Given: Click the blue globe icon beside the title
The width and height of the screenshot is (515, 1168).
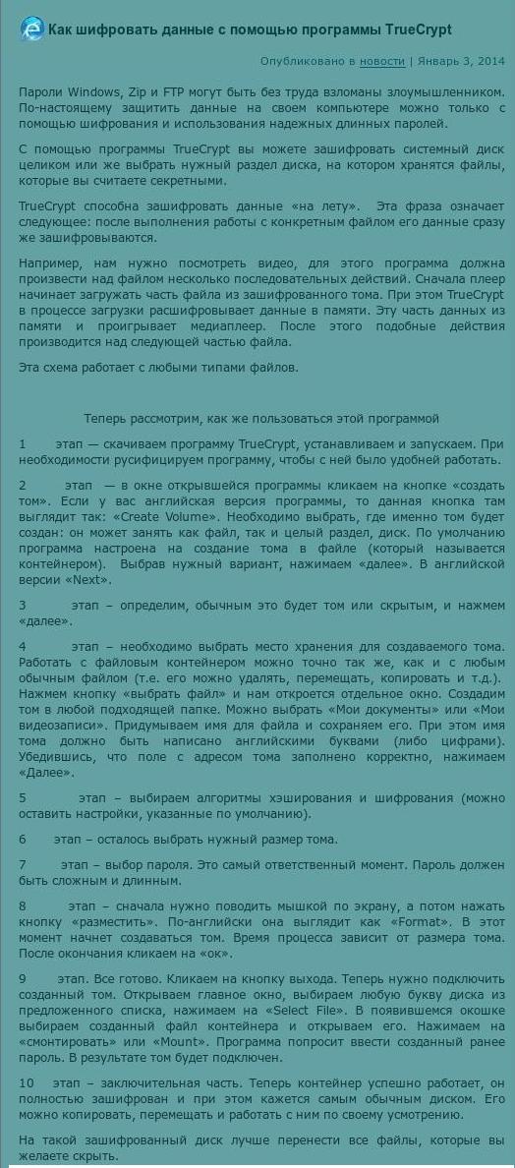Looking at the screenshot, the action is click(x=31, y=29).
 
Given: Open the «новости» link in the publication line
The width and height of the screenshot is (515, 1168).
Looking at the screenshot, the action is click(x=381, y=61).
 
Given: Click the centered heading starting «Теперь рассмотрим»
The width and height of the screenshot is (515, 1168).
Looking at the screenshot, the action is click(x=260, y=418).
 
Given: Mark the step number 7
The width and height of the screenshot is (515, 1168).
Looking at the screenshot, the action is click(x=23, y=864).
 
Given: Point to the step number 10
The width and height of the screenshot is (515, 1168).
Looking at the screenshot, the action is click(x=26, y=1082).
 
